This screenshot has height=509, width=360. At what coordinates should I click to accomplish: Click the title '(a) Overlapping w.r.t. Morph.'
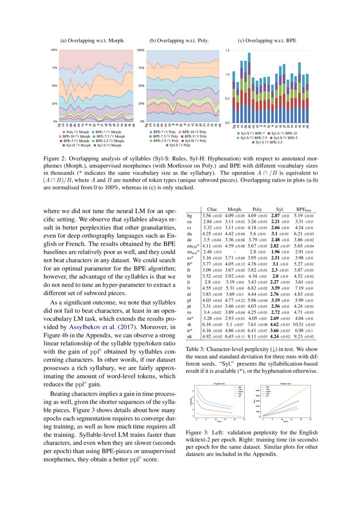(92, 40)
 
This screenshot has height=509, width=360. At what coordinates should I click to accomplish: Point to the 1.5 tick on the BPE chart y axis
(227, 51)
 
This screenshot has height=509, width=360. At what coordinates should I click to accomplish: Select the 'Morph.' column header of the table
(235, 209)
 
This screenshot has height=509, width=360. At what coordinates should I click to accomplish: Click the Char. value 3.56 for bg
(209, 215)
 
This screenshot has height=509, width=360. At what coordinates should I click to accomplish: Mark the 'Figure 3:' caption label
(198, 433)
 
